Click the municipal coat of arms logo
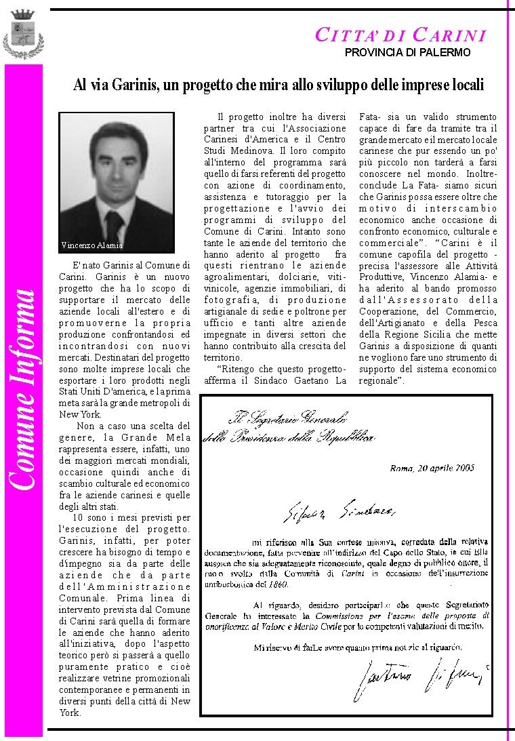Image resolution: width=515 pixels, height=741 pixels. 23,35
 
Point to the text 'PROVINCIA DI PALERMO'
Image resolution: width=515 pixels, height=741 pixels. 407,52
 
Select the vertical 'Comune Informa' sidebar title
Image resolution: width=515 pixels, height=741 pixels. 22,388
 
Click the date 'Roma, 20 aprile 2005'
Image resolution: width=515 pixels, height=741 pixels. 432,467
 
